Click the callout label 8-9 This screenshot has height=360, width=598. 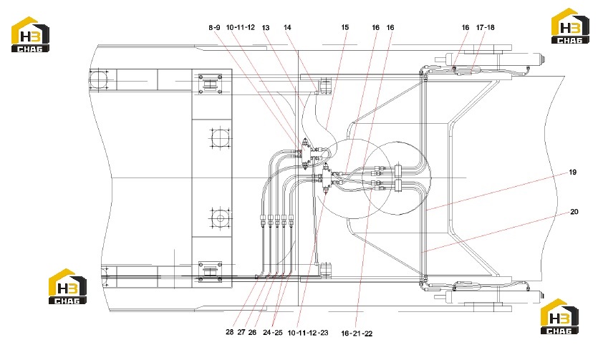pyautogui.click(x=214, y=27)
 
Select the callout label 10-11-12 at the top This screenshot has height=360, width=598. pyautogui.click(x=240, y=27)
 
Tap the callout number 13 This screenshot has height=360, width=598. pyautogui.click(x=266, y=27)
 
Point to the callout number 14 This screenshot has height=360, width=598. pyautogui.click(x=288, y=27)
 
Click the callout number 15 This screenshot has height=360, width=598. pyautogui.click(x=344, y=27)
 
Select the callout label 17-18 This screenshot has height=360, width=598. pyautogui.click(x=485, y=27)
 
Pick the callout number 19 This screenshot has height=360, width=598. pyautogui.click(x=572, y=172)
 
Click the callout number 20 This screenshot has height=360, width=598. pyautogui.click(x=574, y=211)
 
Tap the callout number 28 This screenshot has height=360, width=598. pyautogui.click(x=230, y=332)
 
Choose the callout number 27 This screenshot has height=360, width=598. pyautogui.click(x=241, y=332)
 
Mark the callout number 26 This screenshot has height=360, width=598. pyautogui.click(x=252, y=332)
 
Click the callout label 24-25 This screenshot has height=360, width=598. pyautogui.click(x=273, y=332)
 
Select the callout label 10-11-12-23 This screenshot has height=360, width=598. pyautogui.click(x=308, y=333)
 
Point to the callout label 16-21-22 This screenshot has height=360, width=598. pyautogui.click(x=357, y=334)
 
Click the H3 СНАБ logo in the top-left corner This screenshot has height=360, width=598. pyautogui.click(x=30, y=34)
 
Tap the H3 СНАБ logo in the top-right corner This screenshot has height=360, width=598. pyautogui.click(x=571, y=26)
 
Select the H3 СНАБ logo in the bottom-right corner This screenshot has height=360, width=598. pyautogui.click(x=559, y=316)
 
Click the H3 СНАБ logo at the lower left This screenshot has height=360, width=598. pyautogui.click(x=67, y=286)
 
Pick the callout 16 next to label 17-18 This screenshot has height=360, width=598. pyautogui.click(x=466, y=27)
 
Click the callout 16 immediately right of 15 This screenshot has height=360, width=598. pyautogui.click(x=376, y=27)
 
